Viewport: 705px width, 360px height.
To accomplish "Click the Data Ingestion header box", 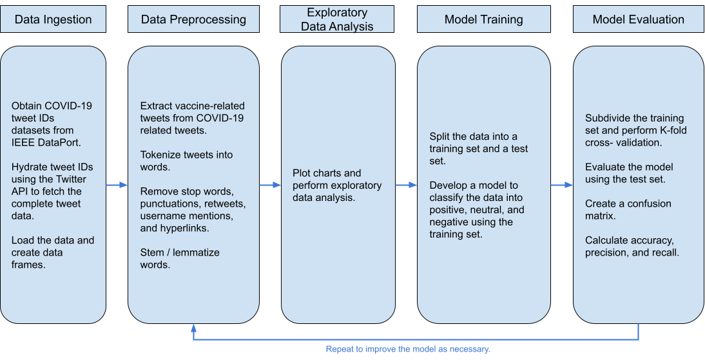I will coord(53,19).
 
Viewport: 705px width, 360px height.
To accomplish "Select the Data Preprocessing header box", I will coord(193,19).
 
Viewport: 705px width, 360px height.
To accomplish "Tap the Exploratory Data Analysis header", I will coord(337,19).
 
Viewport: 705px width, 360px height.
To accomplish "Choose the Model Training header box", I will coord(483,19).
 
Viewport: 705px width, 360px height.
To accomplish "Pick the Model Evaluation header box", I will coord(638,19).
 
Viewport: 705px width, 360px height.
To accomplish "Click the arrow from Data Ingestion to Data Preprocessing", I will coord(117,185).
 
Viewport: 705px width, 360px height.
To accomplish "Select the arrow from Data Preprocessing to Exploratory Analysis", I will coord(270,185).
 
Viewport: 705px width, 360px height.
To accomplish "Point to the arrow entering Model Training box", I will coord(406,185).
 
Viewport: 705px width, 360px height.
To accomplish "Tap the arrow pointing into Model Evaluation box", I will coord(562,185).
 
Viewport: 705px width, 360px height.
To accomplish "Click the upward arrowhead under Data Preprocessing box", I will coord(193,328).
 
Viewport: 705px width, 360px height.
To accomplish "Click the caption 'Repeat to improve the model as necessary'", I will coord(408,349).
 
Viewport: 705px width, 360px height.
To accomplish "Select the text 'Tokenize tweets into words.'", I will coord(186,161).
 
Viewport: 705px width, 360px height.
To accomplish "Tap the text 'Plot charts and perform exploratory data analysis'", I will coord(337,185).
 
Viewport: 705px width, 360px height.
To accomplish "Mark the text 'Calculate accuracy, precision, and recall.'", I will coord(632,246).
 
